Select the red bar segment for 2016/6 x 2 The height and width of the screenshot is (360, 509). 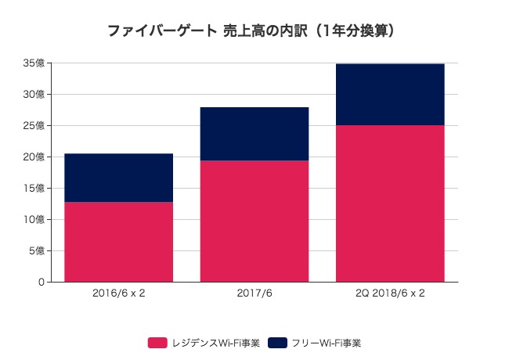point(118,242)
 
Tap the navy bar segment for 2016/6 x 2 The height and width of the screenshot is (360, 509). point(118,178)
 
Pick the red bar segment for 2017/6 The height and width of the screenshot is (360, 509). point(254,221)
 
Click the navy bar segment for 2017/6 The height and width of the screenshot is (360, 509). point(254,134)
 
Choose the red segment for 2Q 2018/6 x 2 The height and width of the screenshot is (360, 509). point(390,203)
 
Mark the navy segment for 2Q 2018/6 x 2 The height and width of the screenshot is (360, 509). point(390,94)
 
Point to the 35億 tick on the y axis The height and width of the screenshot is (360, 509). point(34,63)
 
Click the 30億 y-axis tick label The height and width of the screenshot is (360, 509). point(34,95)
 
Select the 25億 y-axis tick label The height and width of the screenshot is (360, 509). point(34,126)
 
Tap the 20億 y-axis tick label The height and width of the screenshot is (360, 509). point(34,157)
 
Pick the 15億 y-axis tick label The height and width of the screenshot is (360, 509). point(34,189)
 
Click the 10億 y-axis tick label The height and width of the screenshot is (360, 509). point(34,220)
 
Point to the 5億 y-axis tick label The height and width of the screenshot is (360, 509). point(36,251)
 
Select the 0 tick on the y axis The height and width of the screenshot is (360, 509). point(40,283)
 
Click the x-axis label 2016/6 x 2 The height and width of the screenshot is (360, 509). point(118,295)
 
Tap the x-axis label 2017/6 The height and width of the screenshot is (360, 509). point(254,295)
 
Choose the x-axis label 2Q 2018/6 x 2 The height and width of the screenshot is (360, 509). point(390,295)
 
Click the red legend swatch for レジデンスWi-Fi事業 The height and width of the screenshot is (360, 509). point(157,343)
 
